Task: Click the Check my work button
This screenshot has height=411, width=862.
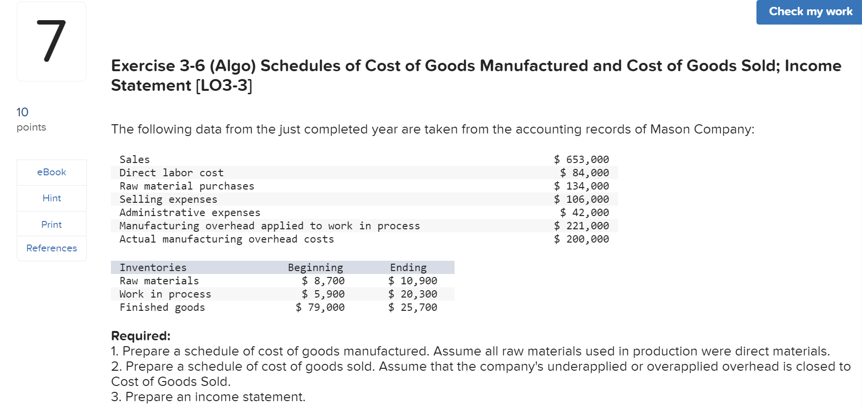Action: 810,12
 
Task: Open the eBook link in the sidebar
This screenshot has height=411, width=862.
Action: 52,172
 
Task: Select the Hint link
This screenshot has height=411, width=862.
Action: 52,198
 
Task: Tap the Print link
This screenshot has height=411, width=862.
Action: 52,224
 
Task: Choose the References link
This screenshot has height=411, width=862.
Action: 52,248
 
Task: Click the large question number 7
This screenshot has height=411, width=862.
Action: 51,41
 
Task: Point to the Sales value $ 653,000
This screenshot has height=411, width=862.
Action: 581,160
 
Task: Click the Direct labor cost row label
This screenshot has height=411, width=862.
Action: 171,173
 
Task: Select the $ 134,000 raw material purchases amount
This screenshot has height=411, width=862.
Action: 581,186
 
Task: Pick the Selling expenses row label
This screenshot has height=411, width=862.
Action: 168,199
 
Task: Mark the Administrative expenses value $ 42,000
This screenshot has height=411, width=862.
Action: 584,213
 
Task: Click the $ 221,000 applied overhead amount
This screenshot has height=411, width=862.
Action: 581,226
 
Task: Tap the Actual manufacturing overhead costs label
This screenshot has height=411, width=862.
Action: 226,239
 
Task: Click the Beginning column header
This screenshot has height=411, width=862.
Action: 315,268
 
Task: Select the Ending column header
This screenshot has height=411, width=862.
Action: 408,268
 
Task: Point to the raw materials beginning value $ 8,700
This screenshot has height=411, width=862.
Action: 323,281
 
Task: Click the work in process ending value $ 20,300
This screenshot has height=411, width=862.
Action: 412,294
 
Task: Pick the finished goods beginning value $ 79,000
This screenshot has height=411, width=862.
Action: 320,307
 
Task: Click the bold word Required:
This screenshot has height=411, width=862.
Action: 141,336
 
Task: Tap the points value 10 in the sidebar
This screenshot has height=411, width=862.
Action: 23,112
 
